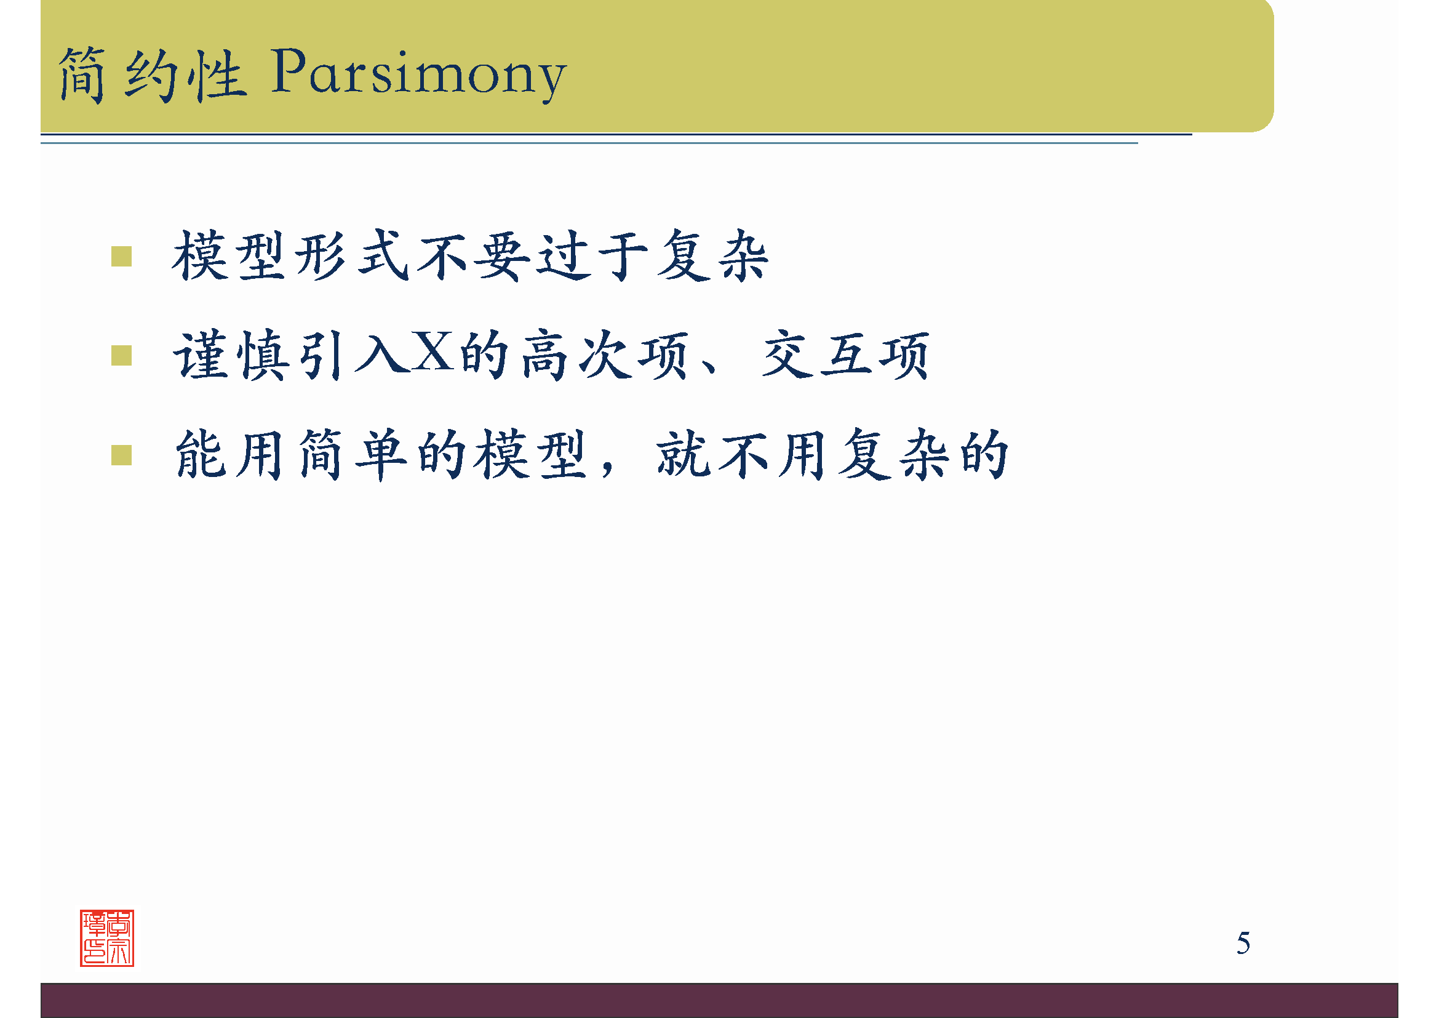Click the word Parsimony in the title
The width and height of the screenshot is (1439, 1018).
point(419,74)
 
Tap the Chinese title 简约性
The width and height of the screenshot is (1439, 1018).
point(153,75)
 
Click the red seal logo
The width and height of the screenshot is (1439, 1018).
point(107,938)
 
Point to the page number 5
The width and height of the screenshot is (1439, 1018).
point(1243,944)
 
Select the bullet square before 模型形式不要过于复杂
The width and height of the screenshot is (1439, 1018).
point(121,257)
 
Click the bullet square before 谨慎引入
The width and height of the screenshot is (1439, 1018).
point(121,355)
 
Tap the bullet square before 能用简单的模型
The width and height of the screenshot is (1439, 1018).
point(121,455)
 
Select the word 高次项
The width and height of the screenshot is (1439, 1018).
point(605,355)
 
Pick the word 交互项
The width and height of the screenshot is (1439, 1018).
point(845,355)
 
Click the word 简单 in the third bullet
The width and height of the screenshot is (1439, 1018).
point(353,455)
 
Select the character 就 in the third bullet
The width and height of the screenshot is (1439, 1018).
point(683,455)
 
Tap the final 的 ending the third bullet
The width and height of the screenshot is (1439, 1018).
point(984,455)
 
